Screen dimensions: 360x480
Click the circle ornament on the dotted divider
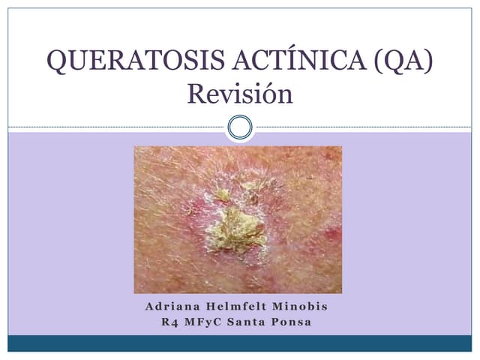point(239,127)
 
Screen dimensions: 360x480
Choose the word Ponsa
point(295,323)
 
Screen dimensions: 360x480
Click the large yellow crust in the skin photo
point(235,229)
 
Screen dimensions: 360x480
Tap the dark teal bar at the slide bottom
point(240,343)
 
